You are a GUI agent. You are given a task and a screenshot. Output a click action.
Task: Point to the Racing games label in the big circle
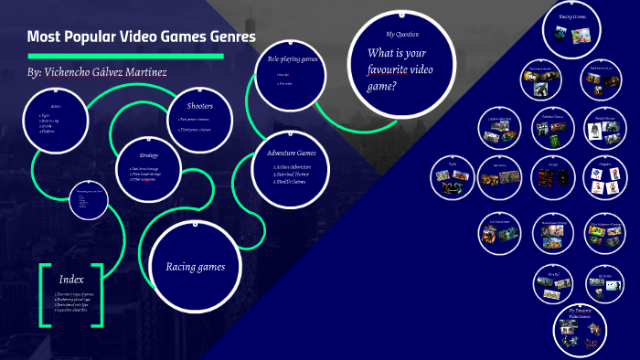coord(201,267)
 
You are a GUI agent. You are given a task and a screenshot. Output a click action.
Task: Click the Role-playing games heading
coord(292,58)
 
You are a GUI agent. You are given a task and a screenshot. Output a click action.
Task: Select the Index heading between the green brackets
coord(71,279)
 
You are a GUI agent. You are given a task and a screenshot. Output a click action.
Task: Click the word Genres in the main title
coord(225,37)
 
